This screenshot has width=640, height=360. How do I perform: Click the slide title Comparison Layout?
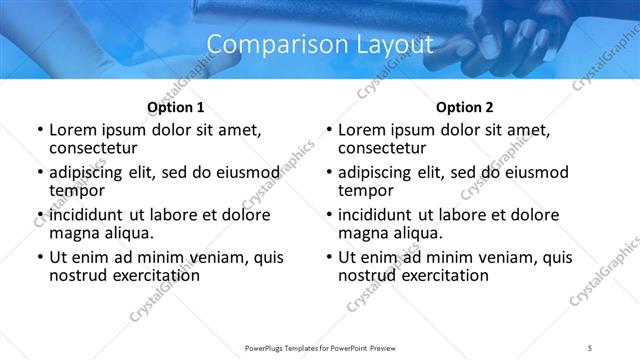[x=320, y=45]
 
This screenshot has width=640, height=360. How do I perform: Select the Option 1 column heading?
[x=175, y=107]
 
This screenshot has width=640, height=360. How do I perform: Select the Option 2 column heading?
[x=464, y=107]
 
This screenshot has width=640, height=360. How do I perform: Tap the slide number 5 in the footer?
[x=590, y=346]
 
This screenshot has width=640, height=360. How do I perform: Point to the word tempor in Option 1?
[x=76, y=190]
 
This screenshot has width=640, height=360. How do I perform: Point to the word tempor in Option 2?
[x=365, y=190]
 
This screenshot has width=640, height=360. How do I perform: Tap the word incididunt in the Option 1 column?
[x=87, y=215]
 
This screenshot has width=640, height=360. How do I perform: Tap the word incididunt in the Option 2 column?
[x=376, y=215]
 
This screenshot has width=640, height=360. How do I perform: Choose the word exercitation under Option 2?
[x=443, y=275]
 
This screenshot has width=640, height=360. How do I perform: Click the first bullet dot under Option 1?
[x=39, y=131]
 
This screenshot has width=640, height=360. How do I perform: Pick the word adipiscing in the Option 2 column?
[x=376, y=172]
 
